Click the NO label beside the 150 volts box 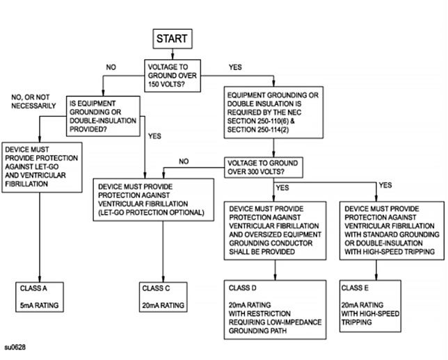click(111, 67)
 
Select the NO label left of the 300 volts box click(184, 161)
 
